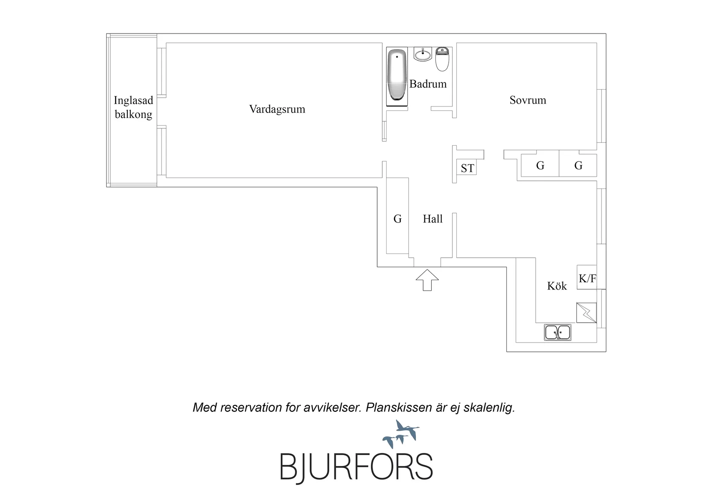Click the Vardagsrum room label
tap(277, 109)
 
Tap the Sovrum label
tap(528, 100)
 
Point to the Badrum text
tap(428, 84)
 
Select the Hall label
tap(432, 219)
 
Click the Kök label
tap(557, 285)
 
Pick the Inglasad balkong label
tap(133, 107)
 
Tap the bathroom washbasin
tap(423, 54)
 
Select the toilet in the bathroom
tap(442, 59)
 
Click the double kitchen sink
tap(557, 332)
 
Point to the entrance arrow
tap(427, 280)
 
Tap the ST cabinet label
tap(467, 168)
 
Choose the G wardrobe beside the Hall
tap(397, 219)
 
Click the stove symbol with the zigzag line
tap(586, 312)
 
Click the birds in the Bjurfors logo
tap(401, 434)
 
